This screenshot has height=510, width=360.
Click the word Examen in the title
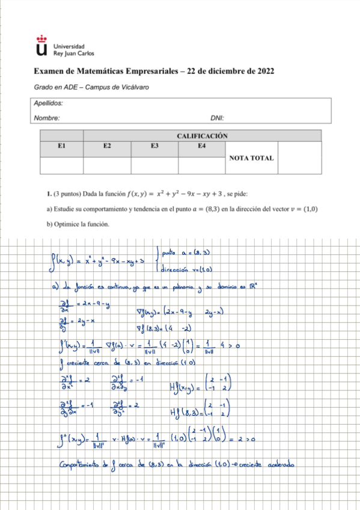(50, 71)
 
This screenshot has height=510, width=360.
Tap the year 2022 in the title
(263, 71)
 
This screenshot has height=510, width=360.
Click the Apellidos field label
(49, 103)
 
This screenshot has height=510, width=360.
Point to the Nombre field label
(46, 118)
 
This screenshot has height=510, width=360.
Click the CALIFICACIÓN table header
(202, 136)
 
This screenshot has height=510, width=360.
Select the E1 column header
(61, 146)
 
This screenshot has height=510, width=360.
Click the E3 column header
(154, 146)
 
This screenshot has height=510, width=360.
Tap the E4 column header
(201, 146)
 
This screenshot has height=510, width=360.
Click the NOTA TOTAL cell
(252, 158)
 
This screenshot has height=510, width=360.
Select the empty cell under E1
(61, 165)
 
